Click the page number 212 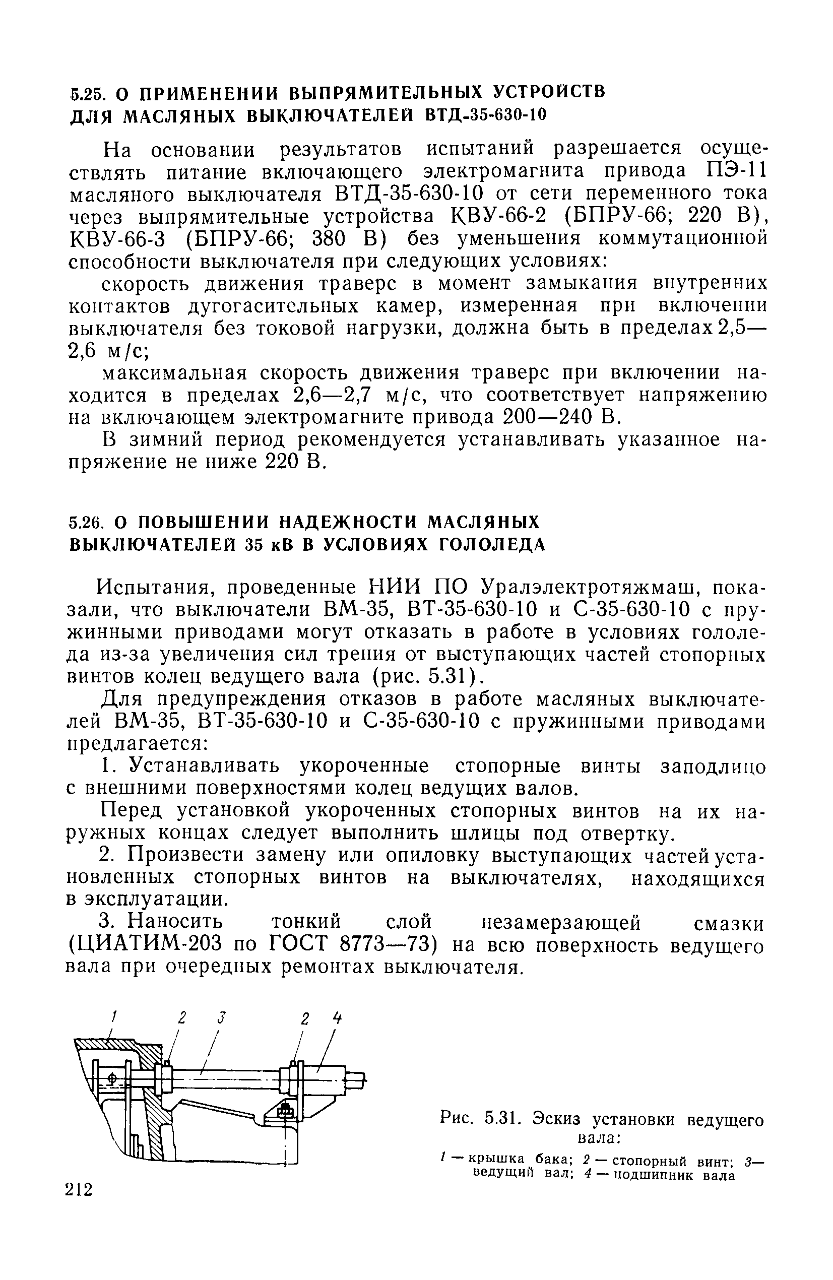coord(79,1190)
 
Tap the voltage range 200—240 coord(550,417)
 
